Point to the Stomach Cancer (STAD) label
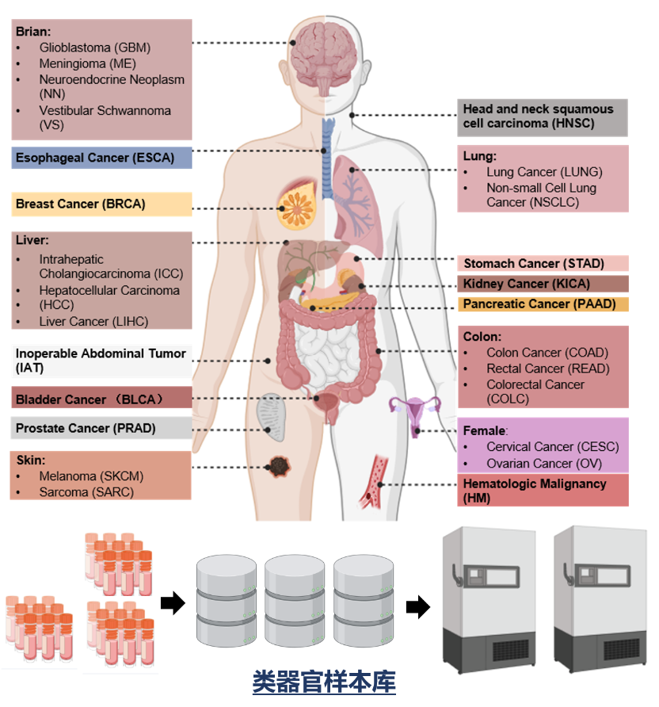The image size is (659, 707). pyautogui.click(x=543, y=263)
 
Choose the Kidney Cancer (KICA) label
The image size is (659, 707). pyautogui.click(x=543, y=284)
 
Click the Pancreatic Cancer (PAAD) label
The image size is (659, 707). pyautogui.click(x=543, y=304)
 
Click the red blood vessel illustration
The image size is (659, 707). pyautogui.click(x=373, y=482)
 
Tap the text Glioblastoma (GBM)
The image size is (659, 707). pyautogui.click(x=94, y=48)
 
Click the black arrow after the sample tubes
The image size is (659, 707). pyautogui.click(x=172, y=604)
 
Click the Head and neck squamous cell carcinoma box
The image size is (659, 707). pyautogui.click(x=543, y=117)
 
